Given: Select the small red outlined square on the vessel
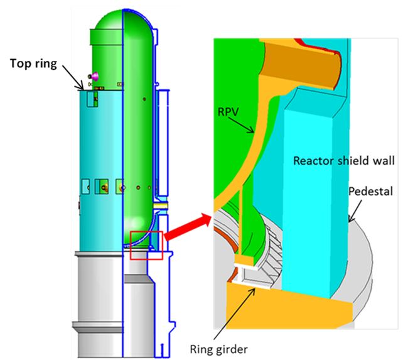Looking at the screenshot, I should point(146,245).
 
